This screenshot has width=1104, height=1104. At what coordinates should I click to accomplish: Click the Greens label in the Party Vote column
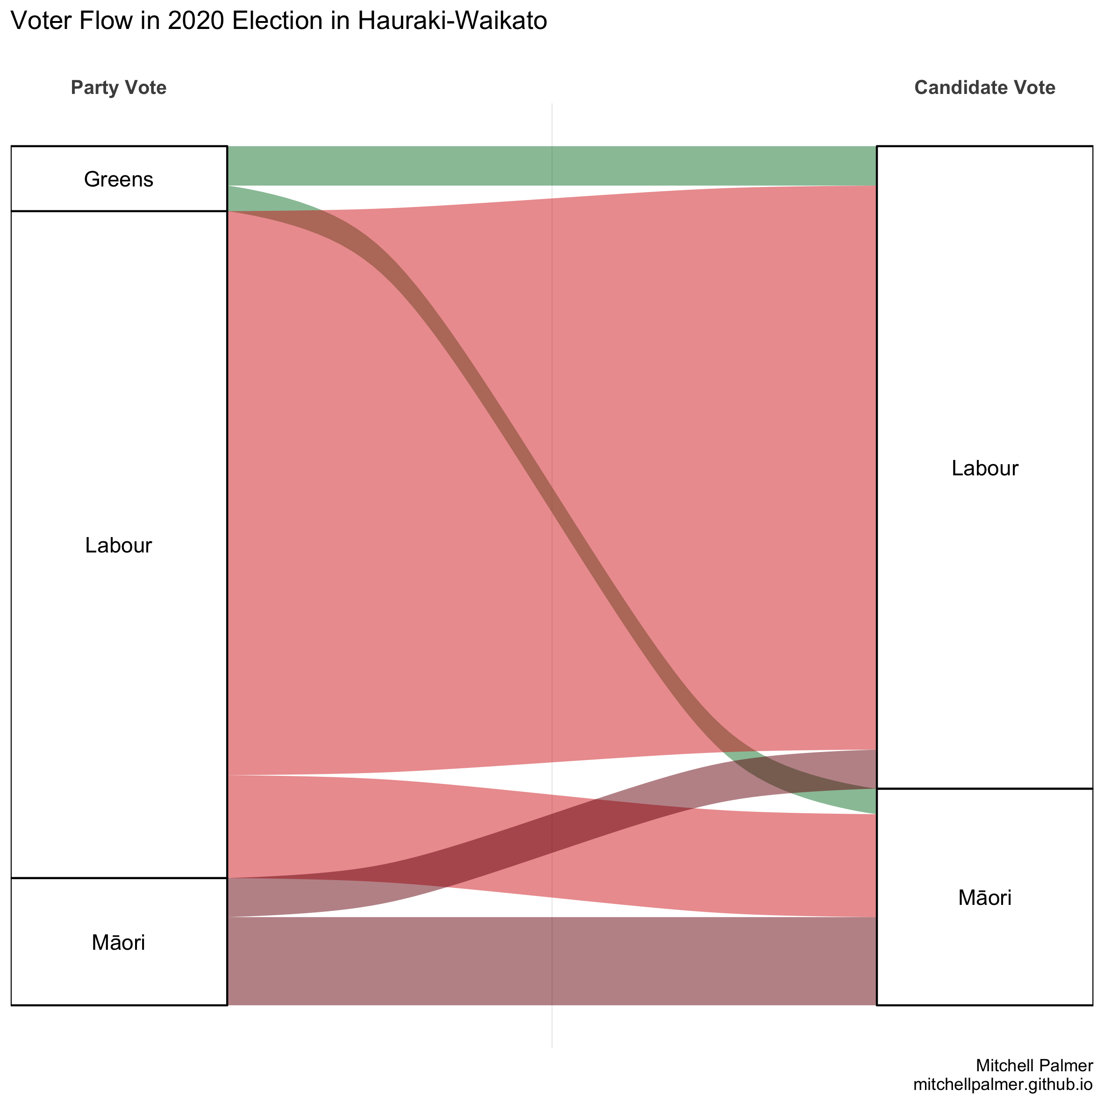click(x=118, y=179)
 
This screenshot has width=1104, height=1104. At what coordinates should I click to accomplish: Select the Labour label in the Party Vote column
click(x=118, y=546)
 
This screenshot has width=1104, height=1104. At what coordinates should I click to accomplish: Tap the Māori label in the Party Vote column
click(x=118, y=942)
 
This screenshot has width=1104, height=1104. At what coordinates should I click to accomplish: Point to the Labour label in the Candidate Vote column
click(x=984, y=469)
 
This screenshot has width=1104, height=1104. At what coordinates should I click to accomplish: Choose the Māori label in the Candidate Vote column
click(x=984, y=898)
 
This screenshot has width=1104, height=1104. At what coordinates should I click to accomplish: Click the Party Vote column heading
click(x=118, y=87)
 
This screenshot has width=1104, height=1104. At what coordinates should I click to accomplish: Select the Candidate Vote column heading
click(x=984, y=87)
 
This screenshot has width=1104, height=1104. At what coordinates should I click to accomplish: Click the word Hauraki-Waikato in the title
click(x=452, y=21)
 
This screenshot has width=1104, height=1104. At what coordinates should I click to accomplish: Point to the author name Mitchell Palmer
click(x=1034, y=1065)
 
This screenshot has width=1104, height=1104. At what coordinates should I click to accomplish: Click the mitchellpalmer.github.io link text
click(x=1003, y=1084)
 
